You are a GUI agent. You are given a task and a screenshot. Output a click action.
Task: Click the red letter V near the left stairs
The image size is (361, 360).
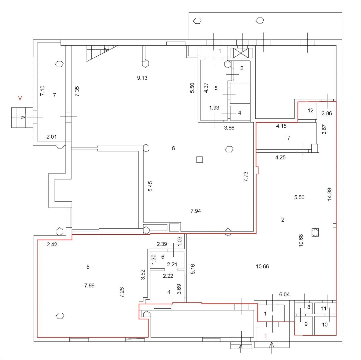(20, 98)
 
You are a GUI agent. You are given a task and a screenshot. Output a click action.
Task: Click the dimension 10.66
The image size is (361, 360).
(263, 266)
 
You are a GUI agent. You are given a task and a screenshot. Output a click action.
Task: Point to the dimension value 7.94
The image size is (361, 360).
(196, 211)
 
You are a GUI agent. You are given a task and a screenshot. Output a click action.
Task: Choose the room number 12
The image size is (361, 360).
(311, 110)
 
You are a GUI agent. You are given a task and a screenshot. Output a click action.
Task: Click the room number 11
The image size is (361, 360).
(323, 309)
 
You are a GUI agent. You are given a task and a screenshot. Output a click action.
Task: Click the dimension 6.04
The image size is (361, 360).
(285, 295)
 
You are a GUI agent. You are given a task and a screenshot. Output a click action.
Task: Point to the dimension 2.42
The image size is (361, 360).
(52, 244)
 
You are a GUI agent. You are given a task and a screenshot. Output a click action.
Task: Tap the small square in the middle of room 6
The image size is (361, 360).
(199, 160)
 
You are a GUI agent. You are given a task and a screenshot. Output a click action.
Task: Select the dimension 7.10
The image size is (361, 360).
(42, 91)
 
